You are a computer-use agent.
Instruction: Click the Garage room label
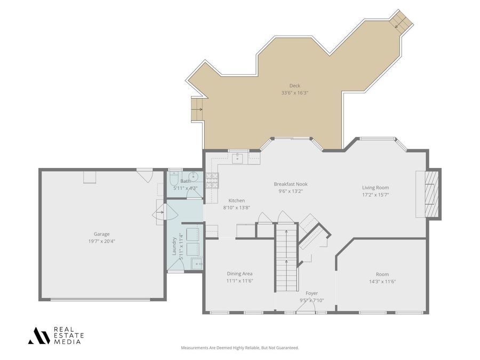point(101,234)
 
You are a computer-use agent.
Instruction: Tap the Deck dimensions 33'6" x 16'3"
point(295,93)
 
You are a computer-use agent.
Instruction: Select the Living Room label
point(375,187)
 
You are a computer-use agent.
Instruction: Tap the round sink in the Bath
point(194,177)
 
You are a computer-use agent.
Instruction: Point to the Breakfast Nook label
point(291,184)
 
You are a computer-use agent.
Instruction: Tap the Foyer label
point(311,293)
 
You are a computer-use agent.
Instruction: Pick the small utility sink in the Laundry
point(197,263)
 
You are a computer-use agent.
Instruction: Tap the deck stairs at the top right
point(401,20)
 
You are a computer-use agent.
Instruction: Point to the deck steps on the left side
point(198,109)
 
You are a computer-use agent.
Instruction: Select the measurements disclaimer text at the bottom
point(239,348)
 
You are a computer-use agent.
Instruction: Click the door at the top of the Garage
point(145,174)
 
